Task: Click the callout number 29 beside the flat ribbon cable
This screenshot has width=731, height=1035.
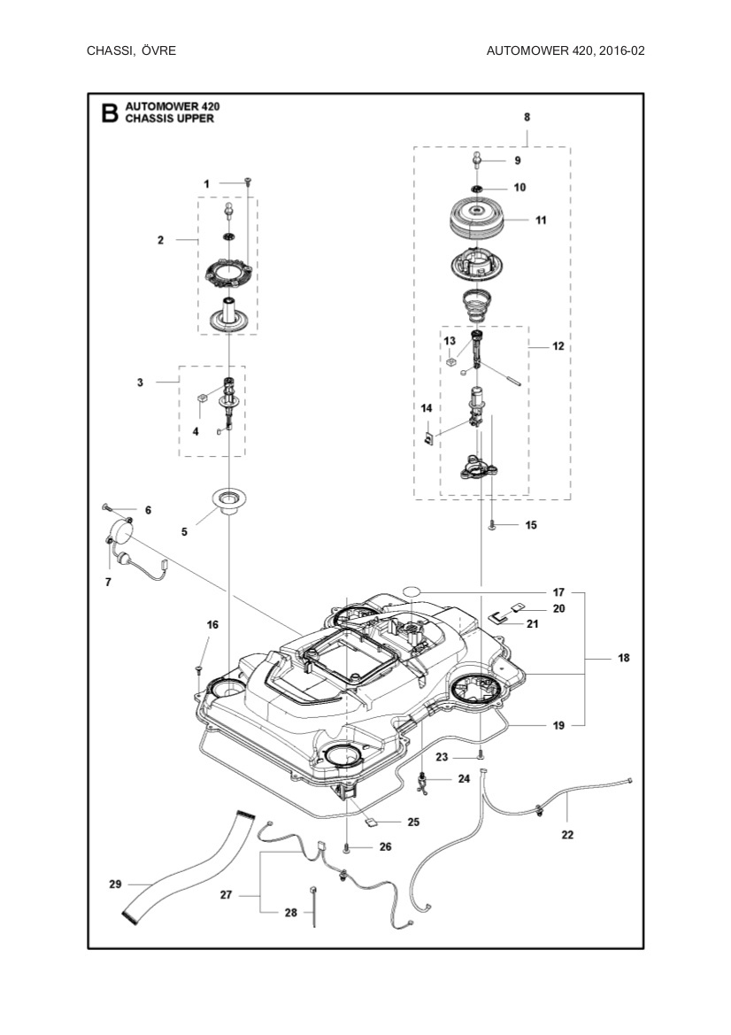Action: pyautogui.click(x=114, y=884)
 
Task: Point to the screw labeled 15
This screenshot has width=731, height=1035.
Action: pyautogui.click(x=492, y=525)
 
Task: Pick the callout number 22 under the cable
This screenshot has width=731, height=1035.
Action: pyautogui.click(x=567, y=834)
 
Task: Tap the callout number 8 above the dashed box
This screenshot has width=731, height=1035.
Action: pyautogui.click(x=527, y=117)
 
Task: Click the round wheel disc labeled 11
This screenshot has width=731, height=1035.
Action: pyautogui.click(x=476, y=217)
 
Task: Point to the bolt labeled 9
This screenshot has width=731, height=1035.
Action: pyautogui.click(x=476, y=159)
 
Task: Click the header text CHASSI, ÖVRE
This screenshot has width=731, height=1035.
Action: pyautogui.click(x=131, y=50)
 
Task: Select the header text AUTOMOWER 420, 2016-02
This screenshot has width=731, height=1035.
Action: pyautogui.click(x=565, y=50)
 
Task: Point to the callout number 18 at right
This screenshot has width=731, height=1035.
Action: pyautogui.click(x=624, y=659)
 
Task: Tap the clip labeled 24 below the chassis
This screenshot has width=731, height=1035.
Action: pyautogui.click(x=425, y=780)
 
